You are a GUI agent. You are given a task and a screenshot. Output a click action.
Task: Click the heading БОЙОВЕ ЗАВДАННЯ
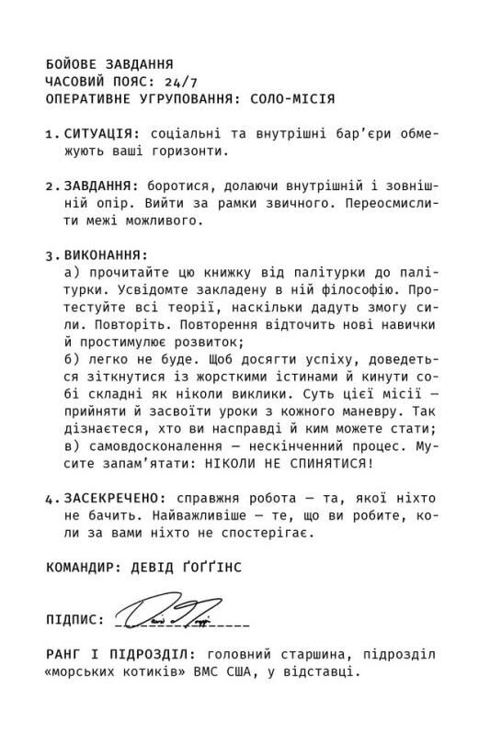(110, 65)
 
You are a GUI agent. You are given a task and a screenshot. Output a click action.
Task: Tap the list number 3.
(50, 254)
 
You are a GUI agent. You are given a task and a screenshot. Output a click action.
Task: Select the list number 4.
(50, 497)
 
